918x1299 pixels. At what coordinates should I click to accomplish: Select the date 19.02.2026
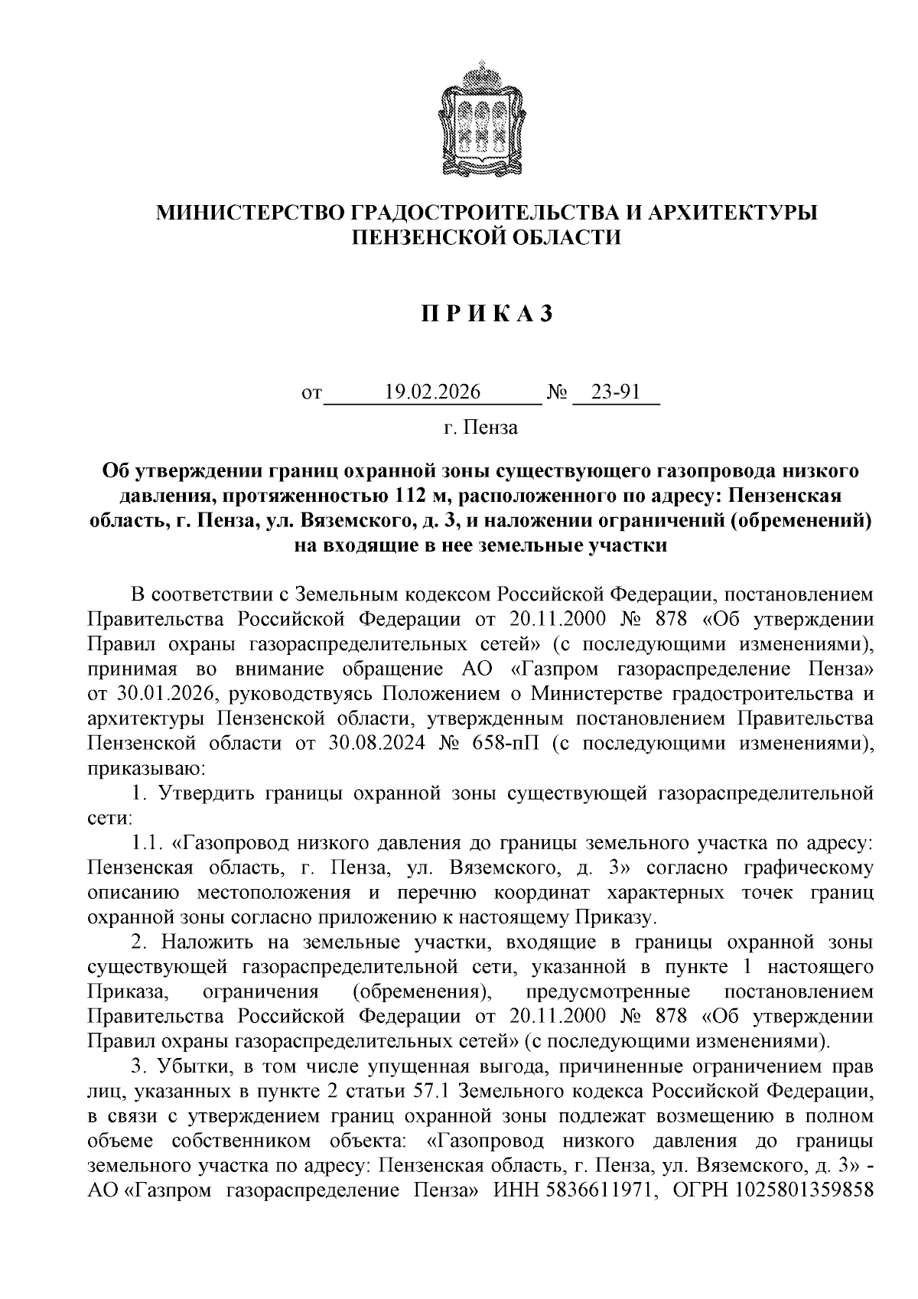click(x=433, y=392)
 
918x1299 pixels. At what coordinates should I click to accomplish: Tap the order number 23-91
click(x=616, y=392)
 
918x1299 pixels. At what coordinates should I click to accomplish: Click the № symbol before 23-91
click(x=557, y=393)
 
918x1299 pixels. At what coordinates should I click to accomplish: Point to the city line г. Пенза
click(x=480, y=428)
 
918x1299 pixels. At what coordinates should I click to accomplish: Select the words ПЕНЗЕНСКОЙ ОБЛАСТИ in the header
click(x=485, y=238)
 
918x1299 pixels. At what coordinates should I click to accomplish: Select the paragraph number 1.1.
click(x=147, y=843)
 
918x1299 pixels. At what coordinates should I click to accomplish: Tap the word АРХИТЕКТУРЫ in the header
click(x=731, y=213)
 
